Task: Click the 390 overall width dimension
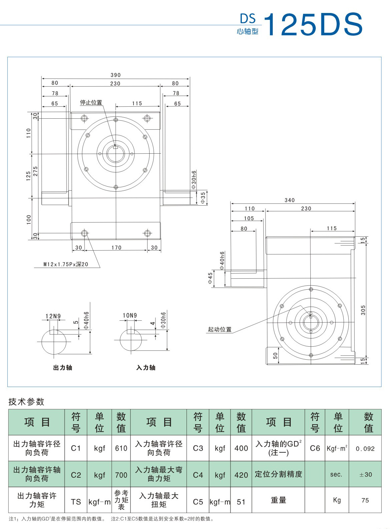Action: (116, 75)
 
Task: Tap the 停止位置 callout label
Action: (91, 103)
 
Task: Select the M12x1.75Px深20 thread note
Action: (66, 264)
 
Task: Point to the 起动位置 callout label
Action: (219, 329)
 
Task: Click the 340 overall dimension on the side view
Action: (289, 200)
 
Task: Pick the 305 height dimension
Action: (363, 310)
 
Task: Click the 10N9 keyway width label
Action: (130, 315)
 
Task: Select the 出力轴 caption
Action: (63, 368)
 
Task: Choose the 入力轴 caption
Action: (146, 368)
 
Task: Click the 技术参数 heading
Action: (26, 402)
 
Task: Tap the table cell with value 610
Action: (121, 448)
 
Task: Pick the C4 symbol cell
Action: (198, 475)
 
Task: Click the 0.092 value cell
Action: (365, 449)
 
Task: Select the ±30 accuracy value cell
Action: (365, 474)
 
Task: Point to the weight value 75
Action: (365, 500)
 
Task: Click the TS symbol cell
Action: (76, 502)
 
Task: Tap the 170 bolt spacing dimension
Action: (116, 248)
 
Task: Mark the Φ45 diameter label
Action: (210, 278)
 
